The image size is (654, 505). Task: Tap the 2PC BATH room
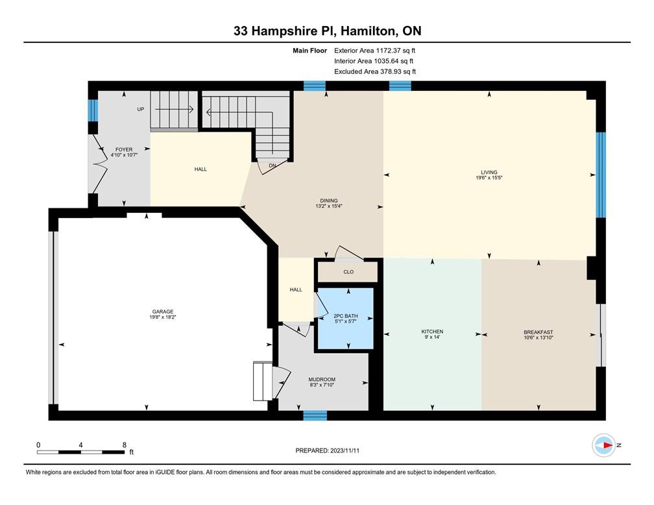(345, 315)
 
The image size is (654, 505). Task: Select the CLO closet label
(348, 272)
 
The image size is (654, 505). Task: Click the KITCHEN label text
(431, 332)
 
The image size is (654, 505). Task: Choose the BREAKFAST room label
(539, 332)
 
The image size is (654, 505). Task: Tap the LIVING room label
(489, 173)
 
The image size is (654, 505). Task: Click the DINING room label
(328, 201)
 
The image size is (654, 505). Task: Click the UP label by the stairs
(140, 109)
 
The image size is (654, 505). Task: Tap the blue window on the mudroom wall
(315, 415)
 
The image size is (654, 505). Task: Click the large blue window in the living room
(601, 175)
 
